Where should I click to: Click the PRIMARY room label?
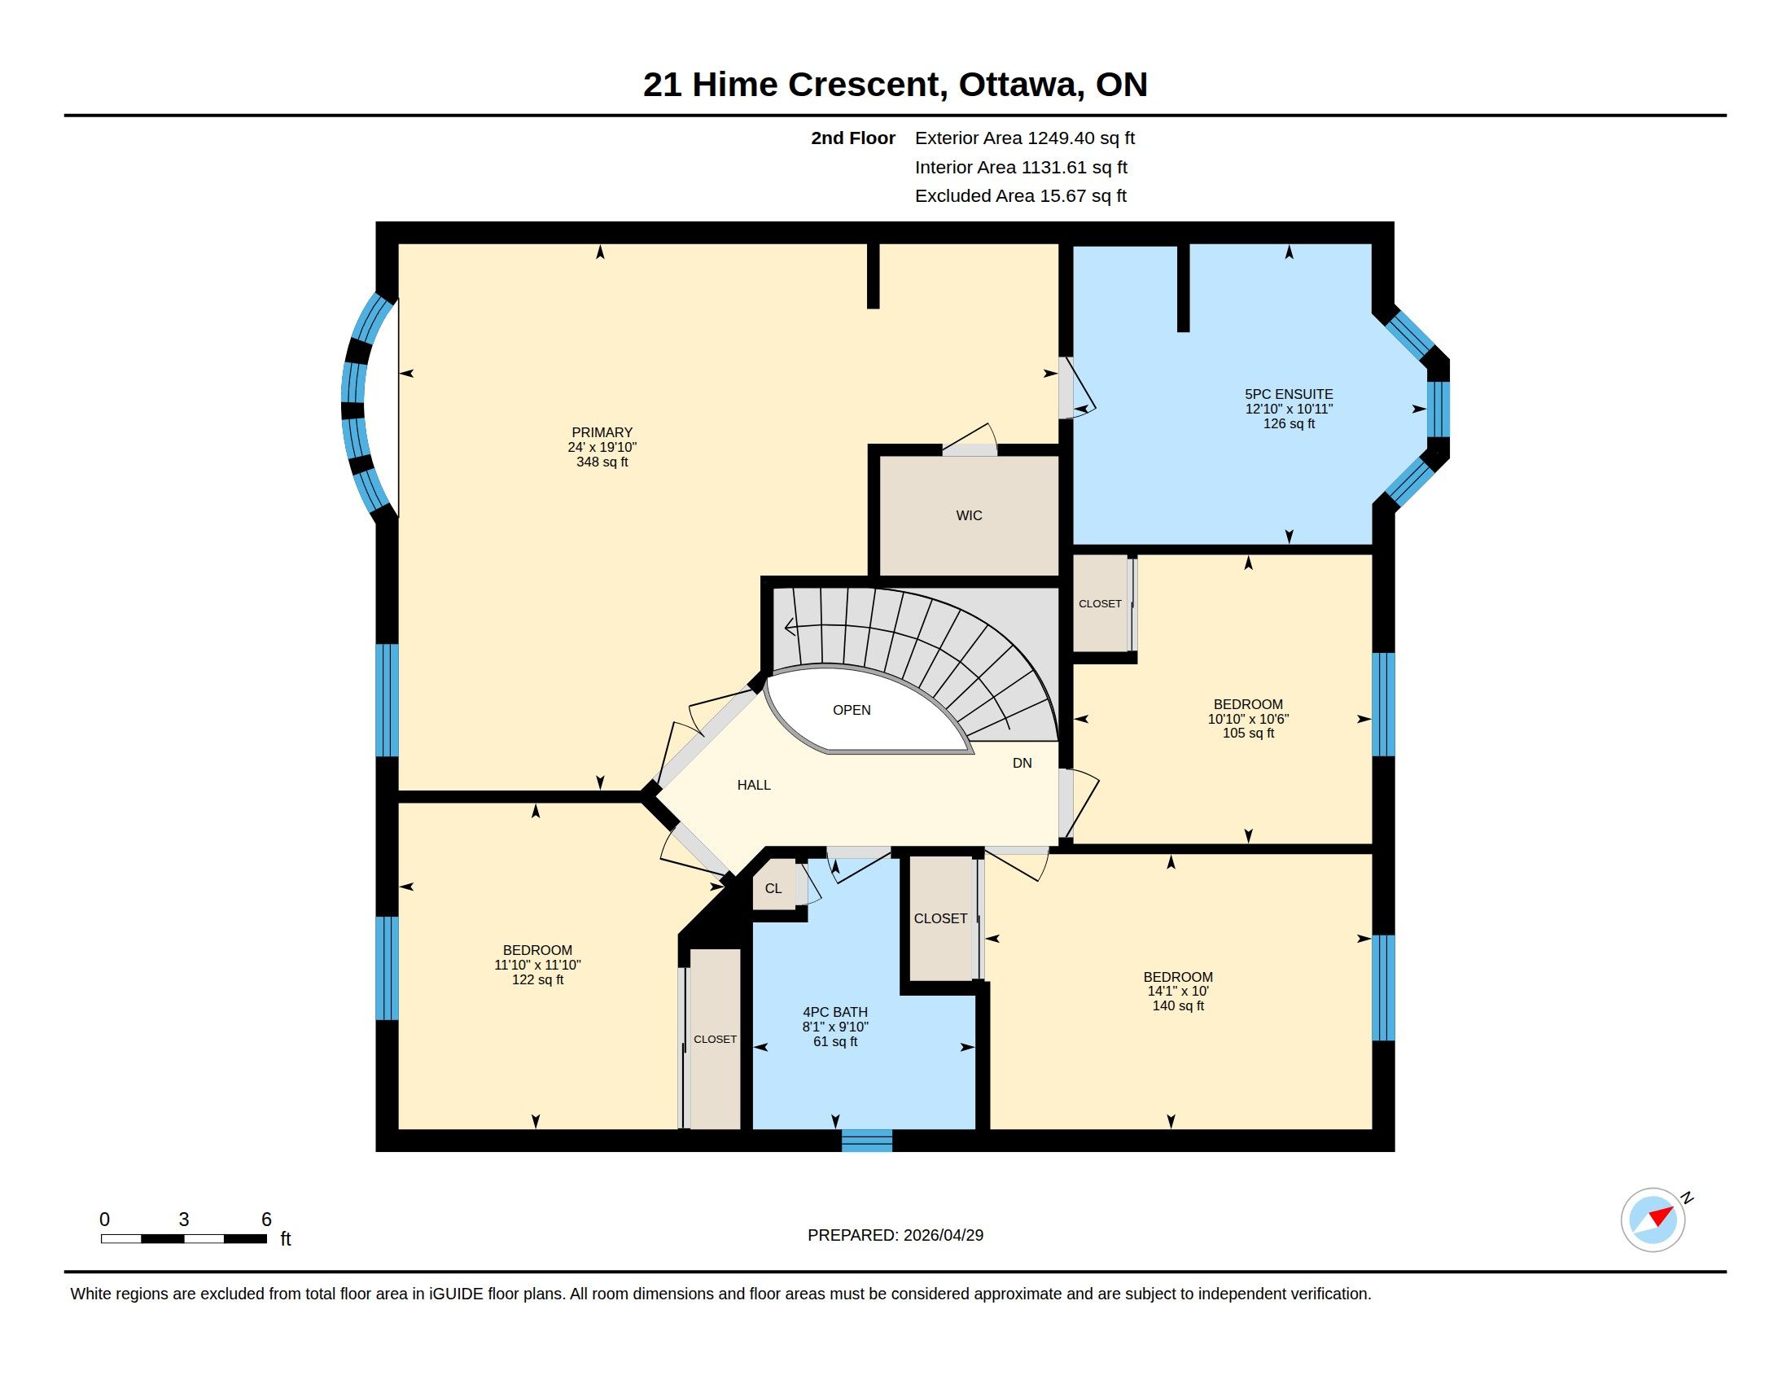click(602, 432)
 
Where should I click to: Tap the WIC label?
click(969, 515)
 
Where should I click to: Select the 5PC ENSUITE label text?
click(1289, 394)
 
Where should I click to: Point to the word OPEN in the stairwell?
click(852, 710)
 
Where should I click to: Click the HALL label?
click(754, 785)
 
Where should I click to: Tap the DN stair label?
click(1022, 764)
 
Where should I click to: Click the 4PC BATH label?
click(834, 1012)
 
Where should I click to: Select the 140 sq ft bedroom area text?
click(1178, 1006)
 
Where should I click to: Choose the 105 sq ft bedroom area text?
click(1248, 733)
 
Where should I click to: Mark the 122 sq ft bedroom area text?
click(537, 979)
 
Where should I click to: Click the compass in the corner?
click(1653, 1220)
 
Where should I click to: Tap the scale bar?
click(184, 1238)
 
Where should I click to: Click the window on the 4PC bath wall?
click(867, 1141)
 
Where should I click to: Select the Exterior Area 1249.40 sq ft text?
click(1024, 138)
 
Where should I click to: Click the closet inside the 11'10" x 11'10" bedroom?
click(715, 1039)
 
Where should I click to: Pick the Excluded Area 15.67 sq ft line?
click(1020, 196)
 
